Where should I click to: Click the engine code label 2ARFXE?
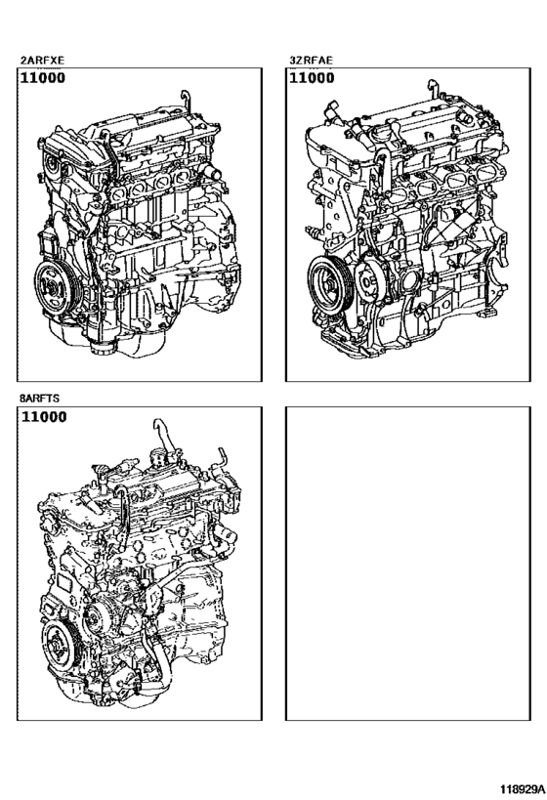[42, 60]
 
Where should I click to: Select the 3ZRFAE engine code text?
[311, 60]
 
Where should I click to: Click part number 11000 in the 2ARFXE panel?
[44, 79]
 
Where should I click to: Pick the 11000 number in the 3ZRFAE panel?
[313, 79]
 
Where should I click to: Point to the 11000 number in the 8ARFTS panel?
[44, 419]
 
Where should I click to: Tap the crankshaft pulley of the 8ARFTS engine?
[61, 647]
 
